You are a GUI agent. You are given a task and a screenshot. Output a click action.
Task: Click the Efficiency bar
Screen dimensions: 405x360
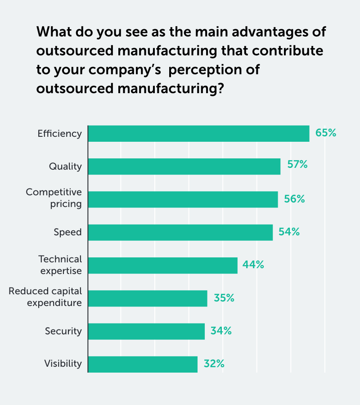pyautogui.click(x=198, y=134)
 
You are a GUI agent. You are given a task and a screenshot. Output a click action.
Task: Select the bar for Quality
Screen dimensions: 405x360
pyautogui.click(x=184, y=166)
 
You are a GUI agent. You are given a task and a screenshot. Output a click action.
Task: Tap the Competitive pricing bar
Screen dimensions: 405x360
pyautogui.click(x=183, y=199)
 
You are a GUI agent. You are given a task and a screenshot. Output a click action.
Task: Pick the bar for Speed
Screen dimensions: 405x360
pyautogui.click(x=180, y=232)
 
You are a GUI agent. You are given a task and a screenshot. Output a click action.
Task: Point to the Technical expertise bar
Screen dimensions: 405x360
pyautogui.click(x=162, y=265)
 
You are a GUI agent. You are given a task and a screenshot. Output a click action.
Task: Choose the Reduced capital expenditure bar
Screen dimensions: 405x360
pyautogui.click(x=148, y=298)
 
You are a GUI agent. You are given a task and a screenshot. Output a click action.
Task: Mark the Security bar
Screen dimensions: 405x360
pyautogui.click(x=146, y=331)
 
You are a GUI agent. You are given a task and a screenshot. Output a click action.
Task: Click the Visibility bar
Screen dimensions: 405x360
pyautogui.click(x=143, y=364)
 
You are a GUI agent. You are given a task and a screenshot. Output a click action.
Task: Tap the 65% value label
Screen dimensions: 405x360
pyautogui.click(x=326, y=133)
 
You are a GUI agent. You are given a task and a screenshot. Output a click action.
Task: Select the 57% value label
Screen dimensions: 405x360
pyautogui.click(x=297, y=165)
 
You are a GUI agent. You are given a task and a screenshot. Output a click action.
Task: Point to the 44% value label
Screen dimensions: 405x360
pyautogui.click(x=253, y=265)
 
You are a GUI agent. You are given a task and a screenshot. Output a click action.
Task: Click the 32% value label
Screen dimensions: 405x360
pyautogui.click(x=214, y=364)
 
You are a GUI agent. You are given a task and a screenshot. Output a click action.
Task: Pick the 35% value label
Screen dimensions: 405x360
pyautogui.click(x=224, y=298)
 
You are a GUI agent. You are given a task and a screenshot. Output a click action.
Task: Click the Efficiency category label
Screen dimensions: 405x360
pyautogui.click(x=60, y=134)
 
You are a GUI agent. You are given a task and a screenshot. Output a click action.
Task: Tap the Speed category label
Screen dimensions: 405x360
pyautogui.click(x=67, y=232)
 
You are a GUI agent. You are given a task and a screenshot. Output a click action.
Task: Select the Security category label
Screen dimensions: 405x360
pyautogui.click(x=63, y=331)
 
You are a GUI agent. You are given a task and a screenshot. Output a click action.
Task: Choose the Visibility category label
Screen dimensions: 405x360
pyautogui.click(x=63, y=364)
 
